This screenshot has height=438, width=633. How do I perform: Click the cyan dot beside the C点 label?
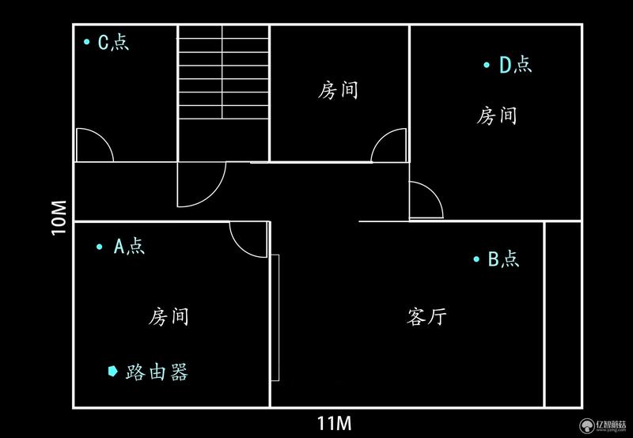click(86, 42)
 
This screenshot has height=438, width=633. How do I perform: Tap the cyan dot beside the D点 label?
click(487, 65)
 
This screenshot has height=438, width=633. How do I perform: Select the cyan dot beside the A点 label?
click(100, 247)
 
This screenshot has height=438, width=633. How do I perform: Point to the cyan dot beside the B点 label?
click(476, 259)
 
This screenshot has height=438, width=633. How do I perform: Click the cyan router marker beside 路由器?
click(112, 371)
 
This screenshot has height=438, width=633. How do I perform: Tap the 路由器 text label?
click(157, 372)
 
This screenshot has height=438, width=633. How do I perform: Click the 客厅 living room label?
click(426, 316)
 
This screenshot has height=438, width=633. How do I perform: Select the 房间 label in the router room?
click(169, 316)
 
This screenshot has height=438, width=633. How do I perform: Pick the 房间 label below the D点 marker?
click(497, 115)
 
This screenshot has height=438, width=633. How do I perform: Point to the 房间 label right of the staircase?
click(338, 90)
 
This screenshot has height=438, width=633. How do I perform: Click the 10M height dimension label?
click(59, 217)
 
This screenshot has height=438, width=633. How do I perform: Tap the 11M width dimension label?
click(334, 424)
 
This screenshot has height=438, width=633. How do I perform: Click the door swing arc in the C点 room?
click(104, 138)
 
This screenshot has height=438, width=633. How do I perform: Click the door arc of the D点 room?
click(434, 191)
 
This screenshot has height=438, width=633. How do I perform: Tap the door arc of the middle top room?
click(381, 138)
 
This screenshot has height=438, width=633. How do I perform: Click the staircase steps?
click(224, 72)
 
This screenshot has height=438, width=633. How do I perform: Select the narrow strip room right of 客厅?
click(563, 314)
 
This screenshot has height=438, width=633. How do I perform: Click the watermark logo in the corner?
click(586, 426)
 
